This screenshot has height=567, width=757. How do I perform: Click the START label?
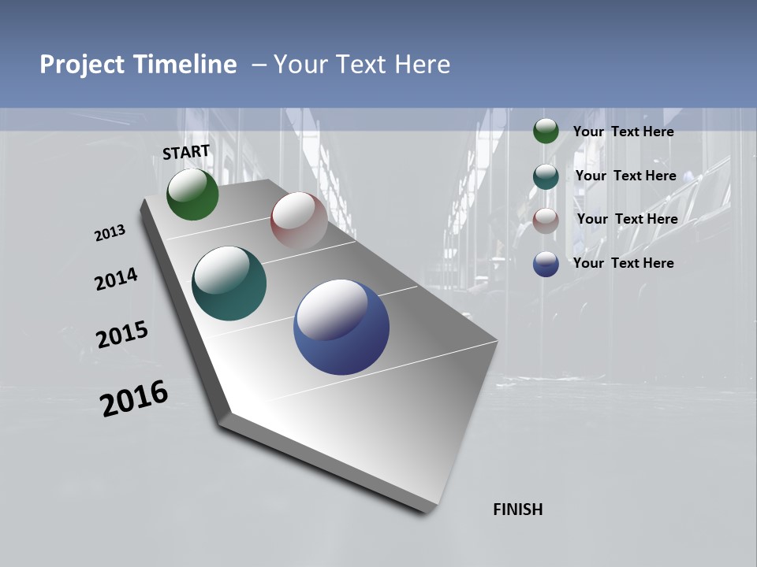coord(186,152)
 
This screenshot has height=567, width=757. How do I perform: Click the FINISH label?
coord(517,510)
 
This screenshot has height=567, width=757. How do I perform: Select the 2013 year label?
coord(110,233)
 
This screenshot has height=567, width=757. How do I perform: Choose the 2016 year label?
coord(134,398)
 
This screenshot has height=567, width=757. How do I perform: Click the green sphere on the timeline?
coord(192,195)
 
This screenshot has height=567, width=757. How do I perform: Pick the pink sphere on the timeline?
coord(299,220)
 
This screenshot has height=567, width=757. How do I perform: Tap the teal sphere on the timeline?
coord(229,283)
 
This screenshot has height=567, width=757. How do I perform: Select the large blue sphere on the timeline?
coord(341,327)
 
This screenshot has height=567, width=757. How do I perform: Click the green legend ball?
coord(546,132)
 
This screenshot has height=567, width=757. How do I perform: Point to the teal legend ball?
coord(546,176)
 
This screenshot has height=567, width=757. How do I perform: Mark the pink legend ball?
coord(546,220)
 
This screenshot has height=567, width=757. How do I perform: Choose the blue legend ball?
coord(546,264)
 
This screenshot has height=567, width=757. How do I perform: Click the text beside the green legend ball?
coord(623,132)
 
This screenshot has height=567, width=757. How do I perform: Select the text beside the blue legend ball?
coord(623,263)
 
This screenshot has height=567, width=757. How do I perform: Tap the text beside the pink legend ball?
coord(627,219)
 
